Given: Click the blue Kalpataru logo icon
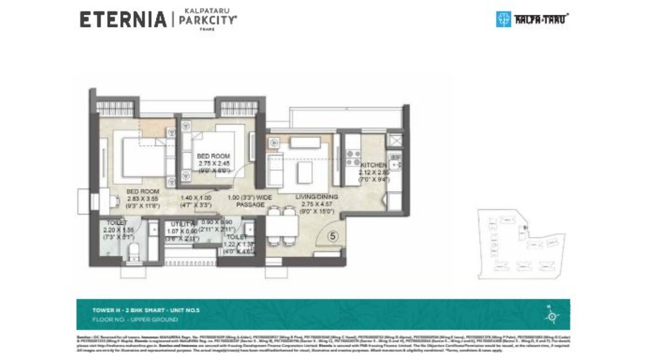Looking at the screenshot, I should [x=504, y=19].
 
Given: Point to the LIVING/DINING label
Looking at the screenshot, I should [x=317, y=197].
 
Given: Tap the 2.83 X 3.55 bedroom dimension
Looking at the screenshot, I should [x=142, y=199].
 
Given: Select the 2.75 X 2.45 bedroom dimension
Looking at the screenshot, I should [x=214, y=163].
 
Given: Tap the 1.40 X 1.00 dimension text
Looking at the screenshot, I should [x=195, y=197].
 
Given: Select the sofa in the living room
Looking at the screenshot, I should [x=275, y=170].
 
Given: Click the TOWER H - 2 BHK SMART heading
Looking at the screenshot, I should [x=146, y=309].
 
